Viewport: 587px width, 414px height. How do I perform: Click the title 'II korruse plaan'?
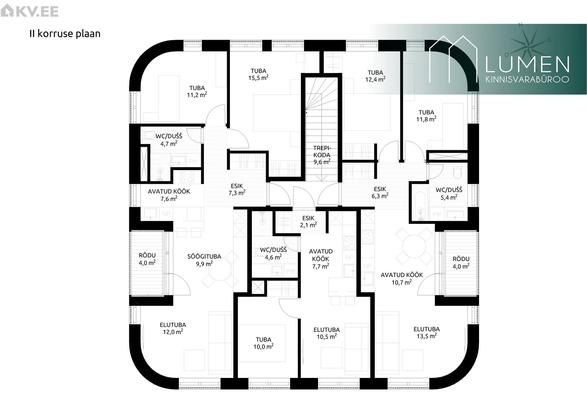pyautogui.click(x=65, y=34)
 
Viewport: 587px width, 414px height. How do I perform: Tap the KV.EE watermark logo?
pyautogui.click(x=29, y=12)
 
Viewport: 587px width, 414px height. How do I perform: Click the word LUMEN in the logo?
pyautogui.click(x=527, y=64)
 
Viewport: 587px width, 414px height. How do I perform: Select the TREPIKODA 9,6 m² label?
pyautogui.click(x=322, y=155)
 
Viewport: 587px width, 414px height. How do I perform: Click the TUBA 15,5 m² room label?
pyautogui.click(x=258, y=74)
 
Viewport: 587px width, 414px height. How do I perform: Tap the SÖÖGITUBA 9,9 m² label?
pyautogui.click(x=204, y=260)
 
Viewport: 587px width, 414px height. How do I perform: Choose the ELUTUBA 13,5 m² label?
pyautogui.click(x=426, y=333)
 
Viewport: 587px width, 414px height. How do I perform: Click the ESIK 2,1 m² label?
pyautogui.click(x=308, y=222)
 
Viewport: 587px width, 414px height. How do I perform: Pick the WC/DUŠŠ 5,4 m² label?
pyautogui.click(x=449, y=194)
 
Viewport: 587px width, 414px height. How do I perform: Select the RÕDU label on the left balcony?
pyautogui.click(x=147, y=256)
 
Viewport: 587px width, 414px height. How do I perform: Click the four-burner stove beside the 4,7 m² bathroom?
pyautogui.click(x=187, y=176)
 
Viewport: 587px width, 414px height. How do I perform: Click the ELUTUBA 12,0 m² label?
pyautogui.click(x=173, y=329)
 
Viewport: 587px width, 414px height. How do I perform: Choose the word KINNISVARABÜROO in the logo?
pyautogui.click(x=527, y=79)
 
